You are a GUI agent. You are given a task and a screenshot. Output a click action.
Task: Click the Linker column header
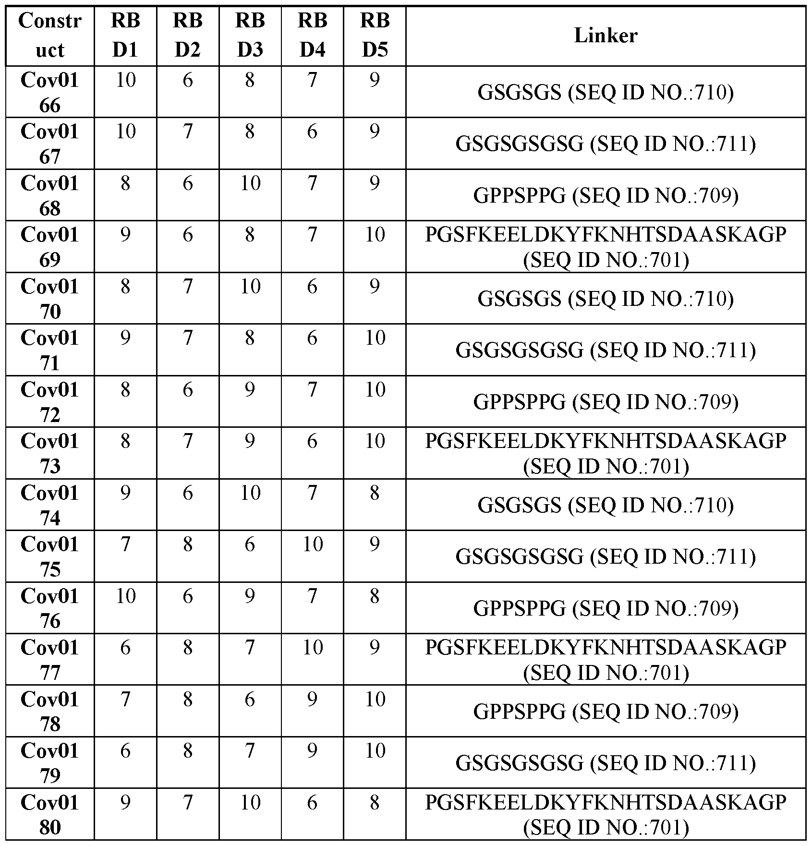click(x=606, y=36)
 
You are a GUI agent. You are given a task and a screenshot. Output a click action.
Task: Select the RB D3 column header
click(x=250, y=36)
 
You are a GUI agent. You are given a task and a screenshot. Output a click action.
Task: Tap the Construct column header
click(x=50, y=36)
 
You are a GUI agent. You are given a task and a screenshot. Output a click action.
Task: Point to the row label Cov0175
click(x=50, y=556)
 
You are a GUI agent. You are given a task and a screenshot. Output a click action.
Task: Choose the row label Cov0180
click(x=50, y=815)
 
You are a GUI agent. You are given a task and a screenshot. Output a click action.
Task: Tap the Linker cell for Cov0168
click(x=606, y=195)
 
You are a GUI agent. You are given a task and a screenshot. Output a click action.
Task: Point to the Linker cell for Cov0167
click(x=606, y=144)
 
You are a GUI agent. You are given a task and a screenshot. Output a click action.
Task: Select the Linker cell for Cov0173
click(x=606, y=453)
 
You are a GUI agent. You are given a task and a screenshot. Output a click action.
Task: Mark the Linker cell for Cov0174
click(x=606, y=505)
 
